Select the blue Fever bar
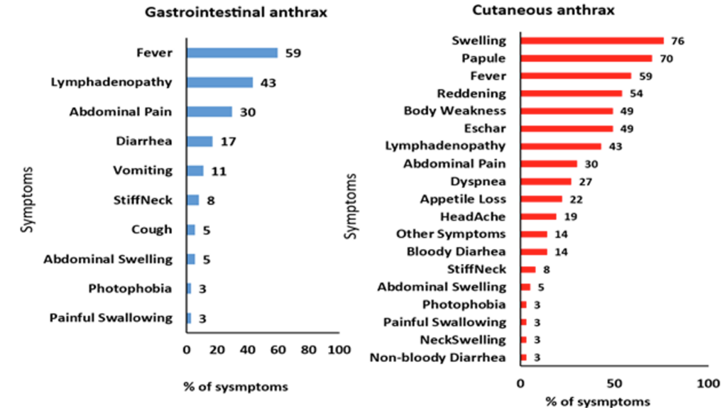coord(231,53)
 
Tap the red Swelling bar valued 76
coord(592,40)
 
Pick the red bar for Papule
coord(586,58)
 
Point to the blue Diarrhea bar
coord(199,141)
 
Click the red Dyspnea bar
coord(546,181)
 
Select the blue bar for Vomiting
coord(195,170)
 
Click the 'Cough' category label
coord(151,229)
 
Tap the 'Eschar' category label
coord(485,128)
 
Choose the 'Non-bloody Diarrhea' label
coord(438,357)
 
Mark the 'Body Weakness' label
coord(455,111)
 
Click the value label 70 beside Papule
coord(665,58)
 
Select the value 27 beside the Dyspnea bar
coord(585,181)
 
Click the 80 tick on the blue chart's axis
coord(309,350)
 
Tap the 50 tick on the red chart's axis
coord(614,383)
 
